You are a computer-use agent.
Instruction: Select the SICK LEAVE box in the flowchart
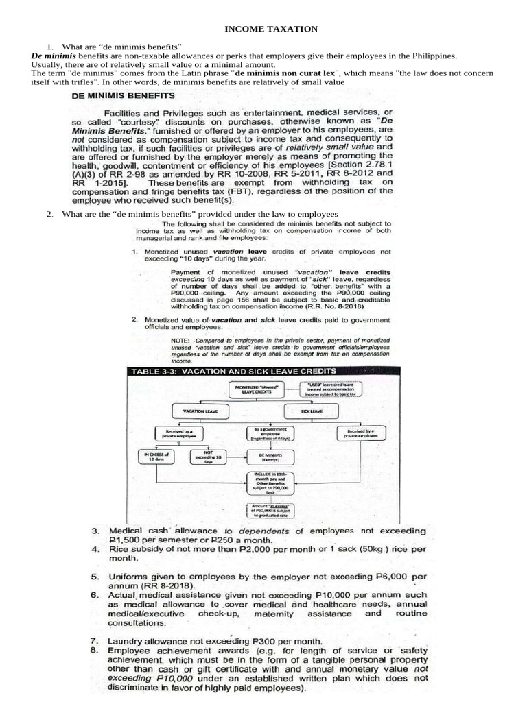pyautogui.click(x=312, y=411)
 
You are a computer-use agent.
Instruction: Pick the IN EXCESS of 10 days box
pyautogui.click(x=156, y=457)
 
